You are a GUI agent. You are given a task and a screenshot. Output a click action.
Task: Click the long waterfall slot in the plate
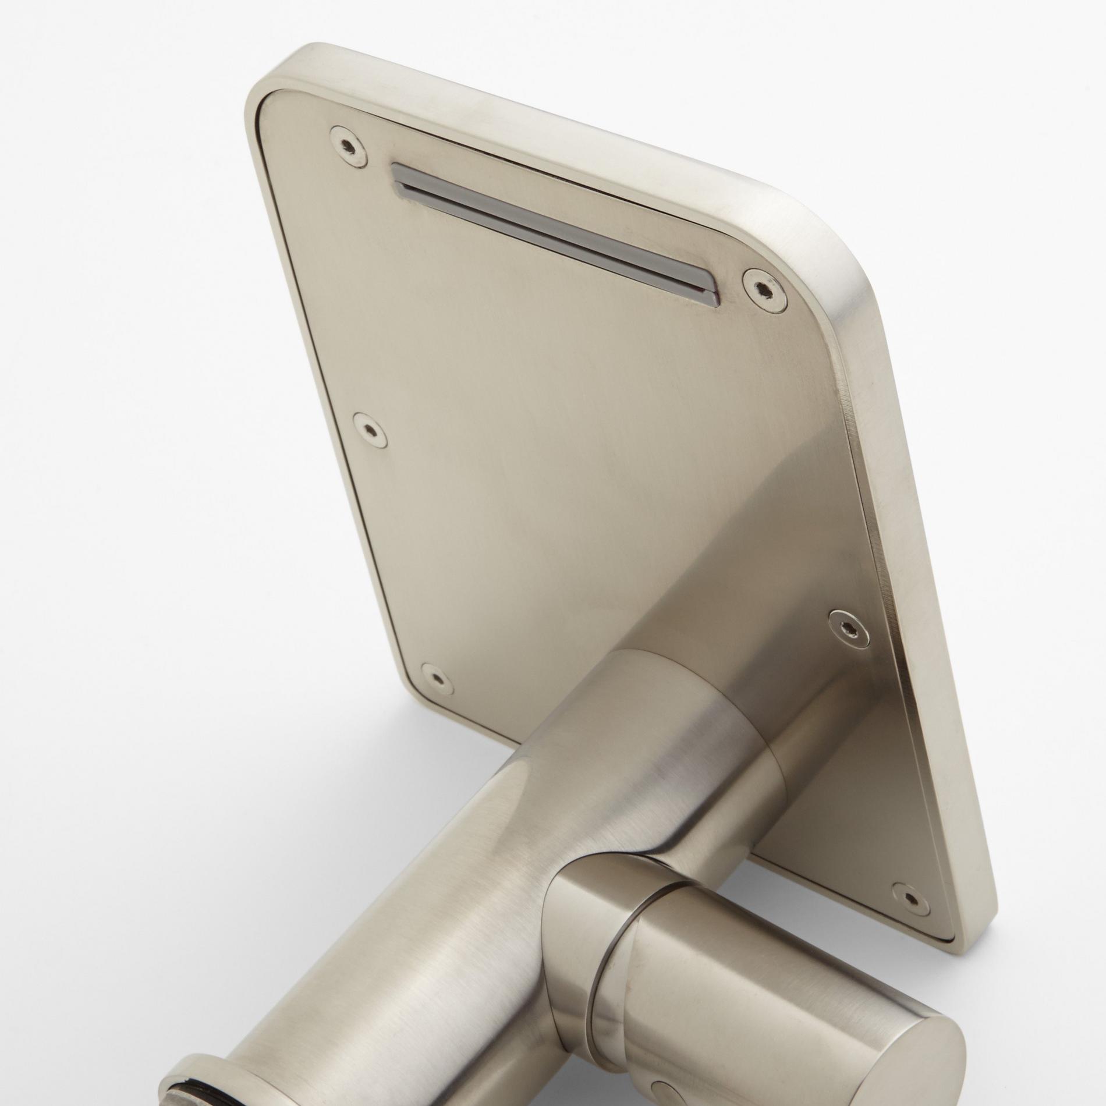point(553,233)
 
